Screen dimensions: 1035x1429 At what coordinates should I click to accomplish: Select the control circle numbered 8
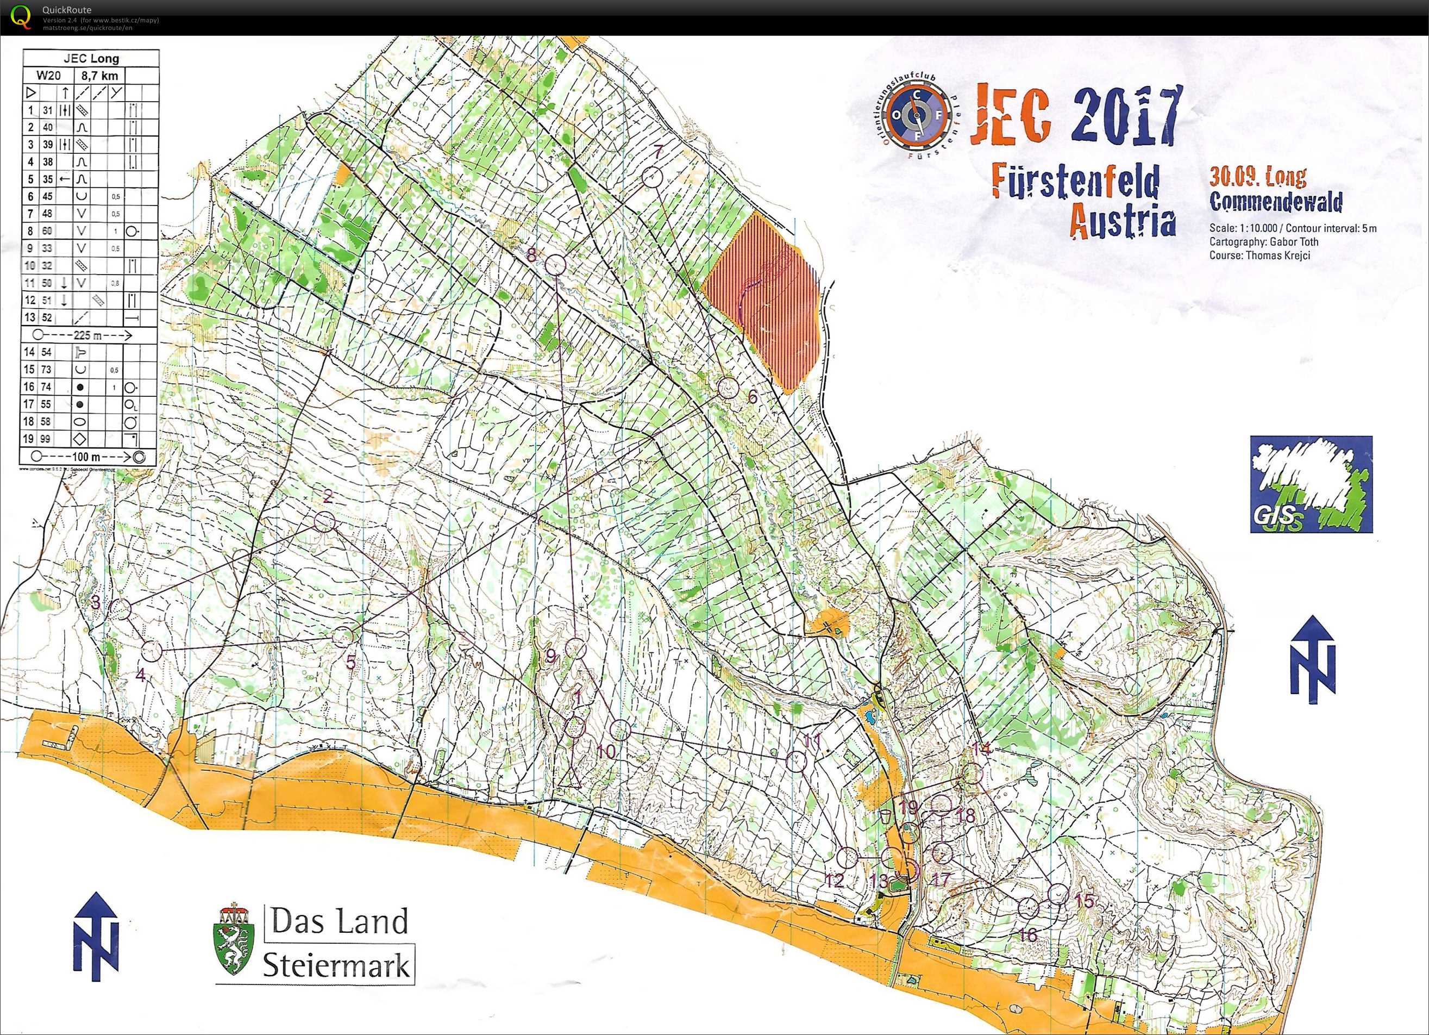click(554, 265)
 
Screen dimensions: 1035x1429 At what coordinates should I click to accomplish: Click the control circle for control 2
click(324, 521)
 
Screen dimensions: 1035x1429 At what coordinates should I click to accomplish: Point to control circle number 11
click(797, 761)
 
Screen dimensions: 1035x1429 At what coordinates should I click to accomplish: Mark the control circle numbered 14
click(973, 774)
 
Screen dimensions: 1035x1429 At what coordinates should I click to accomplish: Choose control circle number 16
click(1028, 908)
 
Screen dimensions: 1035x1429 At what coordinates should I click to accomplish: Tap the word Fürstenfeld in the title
click(1075, 182)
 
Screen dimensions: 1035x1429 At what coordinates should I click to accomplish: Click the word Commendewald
click(1275, 202)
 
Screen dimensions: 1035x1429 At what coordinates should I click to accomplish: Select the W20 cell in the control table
click(48, 76)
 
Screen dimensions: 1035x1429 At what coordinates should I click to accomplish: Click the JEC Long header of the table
click(91, 59)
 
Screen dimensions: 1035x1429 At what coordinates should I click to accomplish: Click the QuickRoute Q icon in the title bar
click(20, 16)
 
